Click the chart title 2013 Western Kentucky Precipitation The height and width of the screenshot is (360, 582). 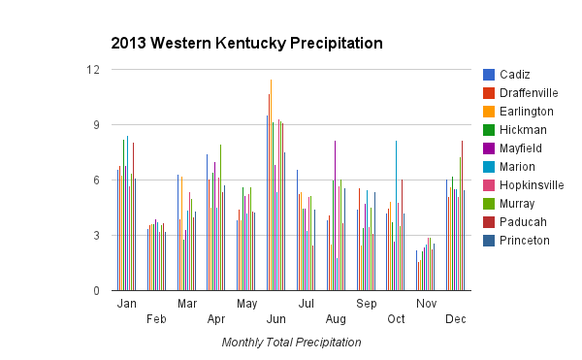pos(246,44)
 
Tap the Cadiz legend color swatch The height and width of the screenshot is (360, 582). pos(489,75)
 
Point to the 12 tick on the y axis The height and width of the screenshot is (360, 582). pos(92,70)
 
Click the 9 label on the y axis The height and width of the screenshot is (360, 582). pos(95,125)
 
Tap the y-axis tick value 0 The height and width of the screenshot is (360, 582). pos(95,291)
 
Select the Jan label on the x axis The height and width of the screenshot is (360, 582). pos(126,304)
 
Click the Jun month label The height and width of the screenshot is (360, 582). pos(276,318)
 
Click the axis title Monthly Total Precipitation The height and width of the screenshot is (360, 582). pos(291,343)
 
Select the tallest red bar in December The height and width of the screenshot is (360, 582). pos(462,215)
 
